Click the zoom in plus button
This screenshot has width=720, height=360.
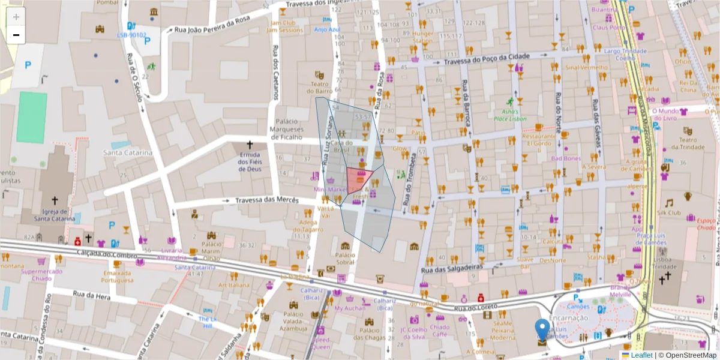tap(16, 17)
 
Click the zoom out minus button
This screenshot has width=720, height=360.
tap(16, 35)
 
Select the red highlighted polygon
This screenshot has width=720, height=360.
tap(358, 179)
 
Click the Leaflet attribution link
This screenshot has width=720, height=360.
tap(641, 355)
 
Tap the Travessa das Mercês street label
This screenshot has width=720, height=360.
tap(266, 200)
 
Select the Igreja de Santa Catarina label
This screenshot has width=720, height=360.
tap(55, 215)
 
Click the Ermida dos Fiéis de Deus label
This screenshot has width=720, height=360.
tap(250, 161)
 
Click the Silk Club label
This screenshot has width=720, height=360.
tap(669, 212)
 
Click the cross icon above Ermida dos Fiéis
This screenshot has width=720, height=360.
tap(250, 145)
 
